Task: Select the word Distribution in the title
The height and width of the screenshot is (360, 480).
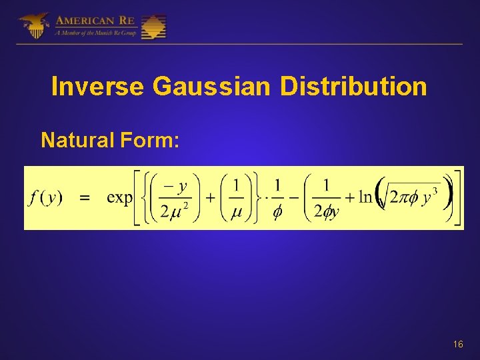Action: point(353,87)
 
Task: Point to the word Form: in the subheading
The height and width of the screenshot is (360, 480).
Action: point(154,140)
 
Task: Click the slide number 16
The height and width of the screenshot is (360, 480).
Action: point(457,344)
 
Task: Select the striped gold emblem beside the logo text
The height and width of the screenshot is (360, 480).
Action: point(153,26)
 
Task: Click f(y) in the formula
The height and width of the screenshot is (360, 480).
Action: point(46,198)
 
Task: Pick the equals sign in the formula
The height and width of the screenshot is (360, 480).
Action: point(85,198)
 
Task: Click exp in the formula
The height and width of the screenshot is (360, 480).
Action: point(120,198)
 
